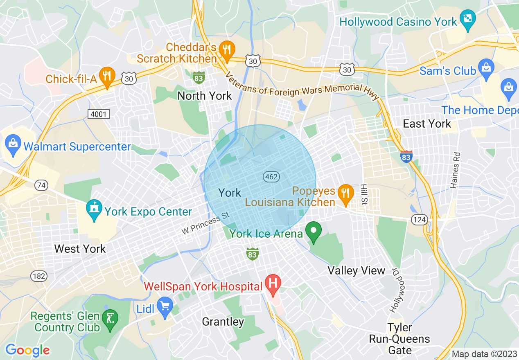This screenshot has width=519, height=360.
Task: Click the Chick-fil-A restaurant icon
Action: [107, 76]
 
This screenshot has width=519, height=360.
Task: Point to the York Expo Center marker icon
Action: [95, 210]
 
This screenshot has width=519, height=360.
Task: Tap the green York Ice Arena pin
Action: [314, 231]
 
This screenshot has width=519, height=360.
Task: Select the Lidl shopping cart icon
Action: [165, 306]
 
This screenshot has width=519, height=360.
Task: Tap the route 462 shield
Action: [271, 177]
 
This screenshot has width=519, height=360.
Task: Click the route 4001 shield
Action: [99, 114]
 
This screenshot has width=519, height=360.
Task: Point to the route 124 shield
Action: [420, 220]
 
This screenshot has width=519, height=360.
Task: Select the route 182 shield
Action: [39, 276]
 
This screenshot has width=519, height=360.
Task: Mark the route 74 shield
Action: [41, 186]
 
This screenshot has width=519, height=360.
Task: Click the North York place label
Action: [205, 96]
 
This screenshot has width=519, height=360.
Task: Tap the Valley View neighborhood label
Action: [357, 270]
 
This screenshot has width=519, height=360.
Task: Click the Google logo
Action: [27, 350]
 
